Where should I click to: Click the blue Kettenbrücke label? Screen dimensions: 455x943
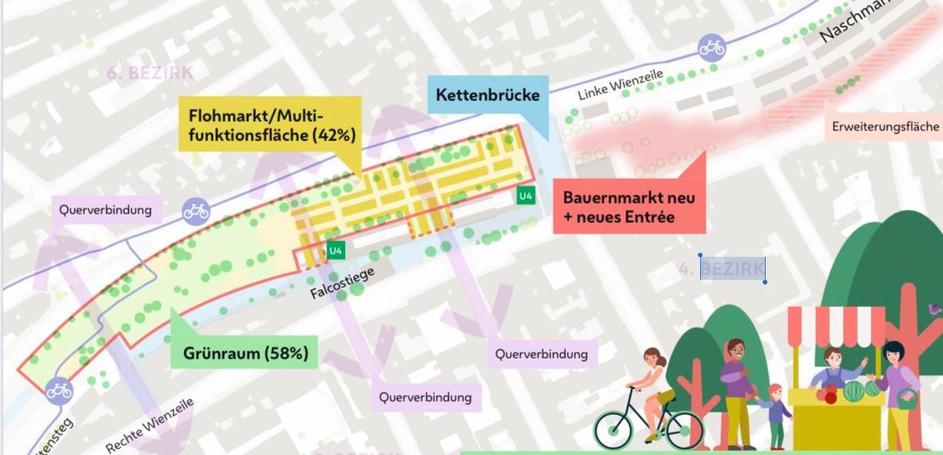point(487,96)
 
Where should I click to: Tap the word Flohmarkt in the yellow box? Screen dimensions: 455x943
point(224,116)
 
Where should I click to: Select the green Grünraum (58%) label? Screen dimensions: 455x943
point(245,353)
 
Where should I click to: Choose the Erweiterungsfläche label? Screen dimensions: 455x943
point(885,126)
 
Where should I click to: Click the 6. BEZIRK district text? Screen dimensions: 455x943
point(150,74)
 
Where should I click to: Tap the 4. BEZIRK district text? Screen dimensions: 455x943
point(722,269)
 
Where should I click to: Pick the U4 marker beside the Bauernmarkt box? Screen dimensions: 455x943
point(525,195)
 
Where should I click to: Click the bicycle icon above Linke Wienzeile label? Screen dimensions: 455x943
point(712,49)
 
